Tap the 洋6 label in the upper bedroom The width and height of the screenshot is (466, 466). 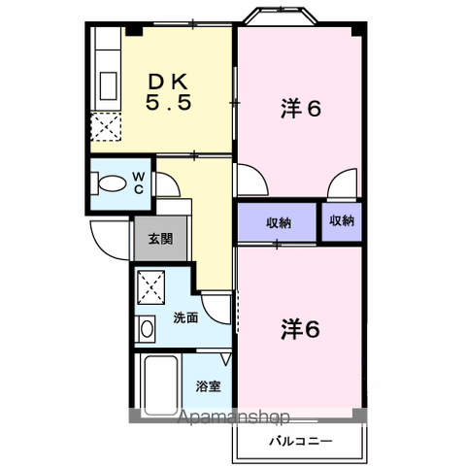[301, 109]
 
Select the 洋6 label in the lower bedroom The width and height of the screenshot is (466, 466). [300, 329]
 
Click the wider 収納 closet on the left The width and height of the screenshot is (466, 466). [279, 222]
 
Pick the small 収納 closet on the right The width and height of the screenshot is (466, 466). [342, 221]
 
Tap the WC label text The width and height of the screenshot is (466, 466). [139, 182]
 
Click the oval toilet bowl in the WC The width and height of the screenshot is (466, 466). [112, 183]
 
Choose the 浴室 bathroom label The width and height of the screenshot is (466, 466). [208, 385]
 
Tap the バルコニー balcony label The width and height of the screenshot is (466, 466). [301, 442]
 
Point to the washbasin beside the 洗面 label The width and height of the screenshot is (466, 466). [147, 329]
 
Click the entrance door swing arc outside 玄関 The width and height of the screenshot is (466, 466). [105, 237]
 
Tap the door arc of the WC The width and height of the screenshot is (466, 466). [165, 183]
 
